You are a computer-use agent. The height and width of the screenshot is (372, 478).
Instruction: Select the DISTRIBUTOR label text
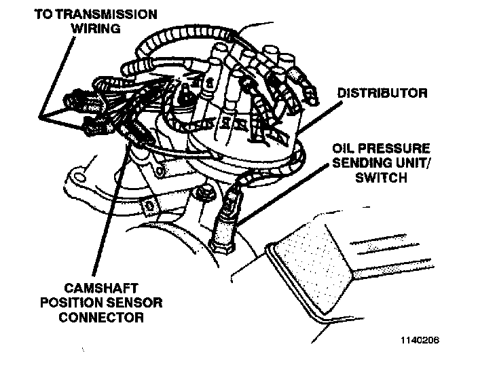[x=382, y=93]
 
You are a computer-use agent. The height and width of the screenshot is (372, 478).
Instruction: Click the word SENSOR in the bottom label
[x=136, y=302]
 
